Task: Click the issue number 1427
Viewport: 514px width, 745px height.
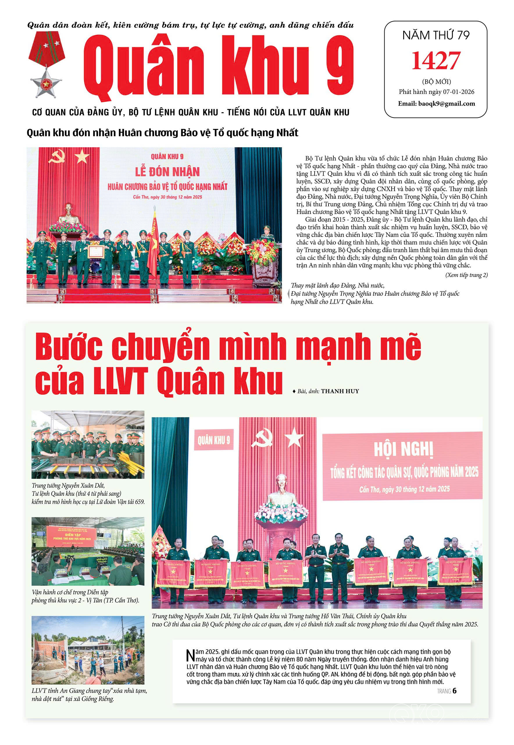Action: click(436, 60)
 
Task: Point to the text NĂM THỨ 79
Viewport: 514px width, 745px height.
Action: click(436, 35)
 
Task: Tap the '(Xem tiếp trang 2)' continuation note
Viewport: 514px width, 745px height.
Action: click(466, 275)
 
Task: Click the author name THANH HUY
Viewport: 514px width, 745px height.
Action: click(340, 391)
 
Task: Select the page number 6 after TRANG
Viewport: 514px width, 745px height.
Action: click(454, 691)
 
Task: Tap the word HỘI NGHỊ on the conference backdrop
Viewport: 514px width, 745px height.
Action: click(403, 449)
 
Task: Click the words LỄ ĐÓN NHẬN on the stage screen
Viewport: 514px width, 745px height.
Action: click(167, 172)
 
